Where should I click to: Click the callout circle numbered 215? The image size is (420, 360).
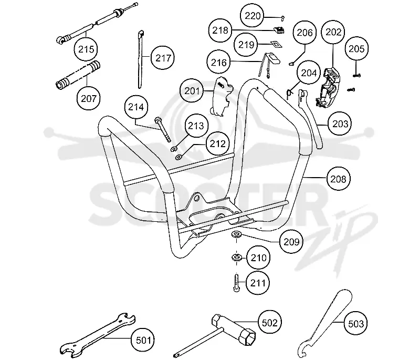[x=86, y=49]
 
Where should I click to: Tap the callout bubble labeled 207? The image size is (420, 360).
[x=89, y=98]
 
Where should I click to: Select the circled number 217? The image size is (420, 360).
[x=163, y=58]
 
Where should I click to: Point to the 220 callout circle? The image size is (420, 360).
[x=252, y=16]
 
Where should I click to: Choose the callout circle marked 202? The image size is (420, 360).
[x=333, y=32]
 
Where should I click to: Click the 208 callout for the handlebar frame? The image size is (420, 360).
[x=339, y=179]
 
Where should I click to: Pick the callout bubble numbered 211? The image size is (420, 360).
[x=258, y=283]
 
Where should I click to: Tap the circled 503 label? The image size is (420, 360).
[x=355, y=324]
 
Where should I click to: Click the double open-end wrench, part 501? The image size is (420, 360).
[x=97, y=335]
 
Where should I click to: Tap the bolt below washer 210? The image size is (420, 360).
[x=236, y=282]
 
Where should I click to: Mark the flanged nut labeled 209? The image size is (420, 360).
[x=237, y=234]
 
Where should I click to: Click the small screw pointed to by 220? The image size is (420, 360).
[x=282, y=18]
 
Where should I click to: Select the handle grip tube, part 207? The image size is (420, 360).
[x=78, y=75]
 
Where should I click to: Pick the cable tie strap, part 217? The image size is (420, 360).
[x=141, y=59]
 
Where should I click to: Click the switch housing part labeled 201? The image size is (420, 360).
[x=221, y=97]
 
